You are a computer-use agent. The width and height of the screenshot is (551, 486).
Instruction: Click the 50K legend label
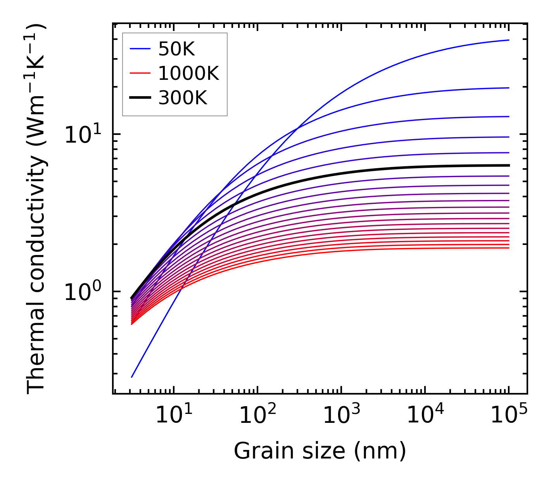pyautogui.click(x=176, y=49)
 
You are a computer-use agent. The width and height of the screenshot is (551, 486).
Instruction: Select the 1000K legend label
pyautogui.click(x=188, y=73)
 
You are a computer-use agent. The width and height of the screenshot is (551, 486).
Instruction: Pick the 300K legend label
pyautogui.click(x=183, y=98)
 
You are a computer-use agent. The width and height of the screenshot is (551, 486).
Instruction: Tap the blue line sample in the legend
pyautogui.click(x=140, y=49)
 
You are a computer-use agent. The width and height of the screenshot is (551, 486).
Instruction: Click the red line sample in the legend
pyautogui.click(x=140, y=73)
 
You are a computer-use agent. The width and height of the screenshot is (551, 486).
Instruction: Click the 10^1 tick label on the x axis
pyautogui.click(x=173, y=416)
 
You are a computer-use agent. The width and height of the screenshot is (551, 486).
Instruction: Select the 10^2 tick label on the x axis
pyautogui.click(x=257, y=416)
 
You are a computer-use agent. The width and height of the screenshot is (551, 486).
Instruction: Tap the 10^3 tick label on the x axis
pyautogui.click(x=341, y=416)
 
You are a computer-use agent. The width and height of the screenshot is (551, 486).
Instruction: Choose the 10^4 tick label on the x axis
pyautogui.click(x=425, y=416)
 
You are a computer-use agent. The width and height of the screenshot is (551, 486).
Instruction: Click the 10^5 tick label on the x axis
pyautogui.click(x=509, y=416)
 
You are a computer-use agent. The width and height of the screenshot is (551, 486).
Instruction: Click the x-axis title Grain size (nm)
pyautogui.click(x=320, y=451)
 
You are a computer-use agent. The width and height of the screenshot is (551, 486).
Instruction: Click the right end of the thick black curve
pyautogui.click(x=508, y=165)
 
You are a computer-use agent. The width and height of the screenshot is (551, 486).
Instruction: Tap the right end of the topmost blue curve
pyautogui.click(x=508, y=40)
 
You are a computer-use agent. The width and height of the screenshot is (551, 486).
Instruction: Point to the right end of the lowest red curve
pyautogui.click(x=508, y=248)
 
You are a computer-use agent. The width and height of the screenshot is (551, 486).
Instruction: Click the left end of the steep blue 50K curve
pyautogui.click(x=132, y=377)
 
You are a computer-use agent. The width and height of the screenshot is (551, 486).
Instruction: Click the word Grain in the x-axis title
pyautogui.click(x=257, y=451)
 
